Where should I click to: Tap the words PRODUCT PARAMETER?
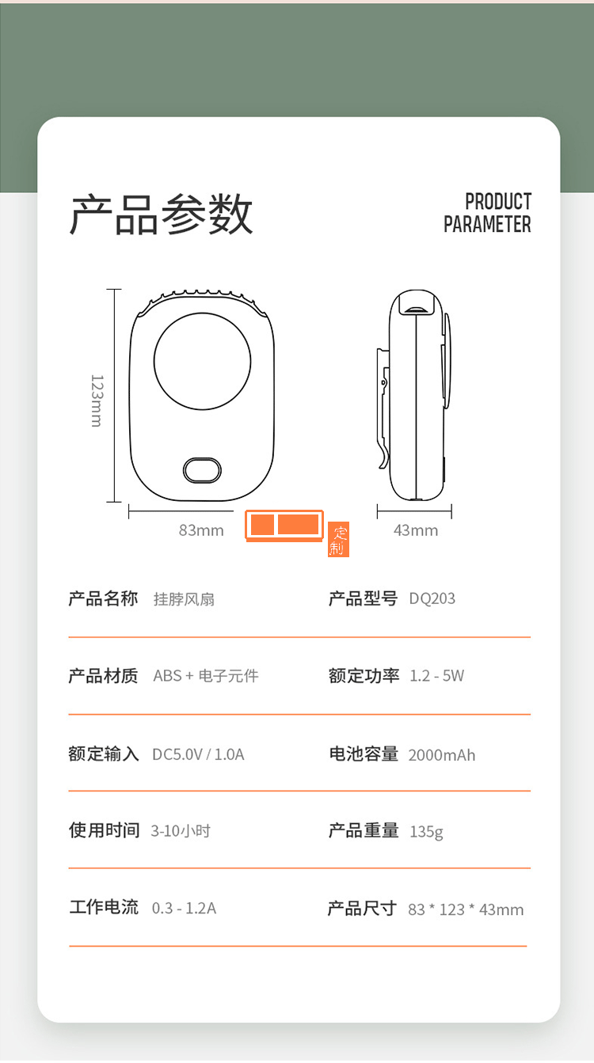point(487,213)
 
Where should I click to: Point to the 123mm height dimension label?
point(96,401)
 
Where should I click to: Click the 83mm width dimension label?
point(201,530)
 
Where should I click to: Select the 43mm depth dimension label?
point(416,530)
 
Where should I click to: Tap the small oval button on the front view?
point(202,469)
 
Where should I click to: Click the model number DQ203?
point(432,598)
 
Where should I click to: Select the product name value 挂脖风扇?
point(184,599)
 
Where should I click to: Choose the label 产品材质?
point(103,676)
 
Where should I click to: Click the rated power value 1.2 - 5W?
point(437,676)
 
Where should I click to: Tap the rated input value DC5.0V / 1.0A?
point(198,754)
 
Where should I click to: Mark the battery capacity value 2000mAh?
point(442,755)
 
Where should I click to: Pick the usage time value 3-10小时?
point(181,831)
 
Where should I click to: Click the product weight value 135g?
point(426,831)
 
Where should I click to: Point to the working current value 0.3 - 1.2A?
point(184,908)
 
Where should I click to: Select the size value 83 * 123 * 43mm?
point(466,909)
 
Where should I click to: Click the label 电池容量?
point(364,754)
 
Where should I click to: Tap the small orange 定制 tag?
point(338,540)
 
